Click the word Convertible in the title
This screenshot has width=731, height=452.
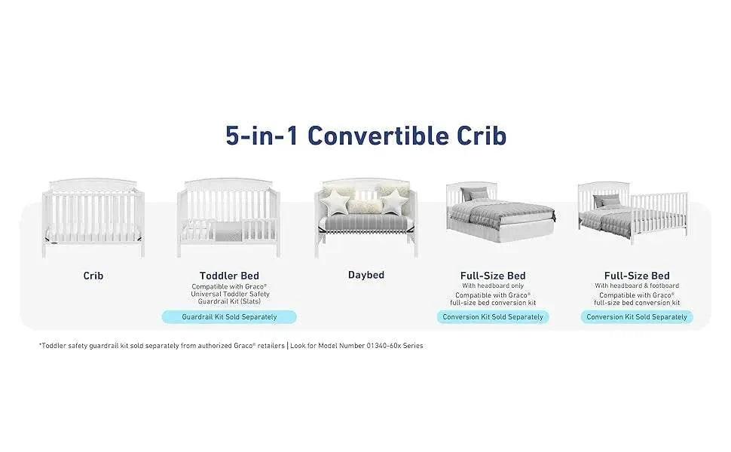(x=378, y=136)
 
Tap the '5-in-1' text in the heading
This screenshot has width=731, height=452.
(x=262, y=136)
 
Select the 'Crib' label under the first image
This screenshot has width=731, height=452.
(x=93, y=276)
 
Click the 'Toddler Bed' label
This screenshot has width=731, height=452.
(x=229, y=276)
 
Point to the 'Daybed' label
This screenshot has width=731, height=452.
(x=366, y=275)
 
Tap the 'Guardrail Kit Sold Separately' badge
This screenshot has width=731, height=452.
(x=229, y=317)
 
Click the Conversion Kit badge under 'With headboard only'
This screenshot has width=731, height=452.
(x=493, y=317)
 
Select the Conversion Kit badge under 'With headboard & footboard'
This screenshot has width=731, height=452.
(x=637, y=317)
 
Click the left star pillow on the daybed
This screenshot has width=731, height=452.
(x=335, y=201)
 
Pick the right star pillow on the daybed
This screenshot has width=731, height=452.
(x=394, y=201)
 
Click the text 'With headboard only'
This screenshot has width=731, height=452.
(x=493, y=286)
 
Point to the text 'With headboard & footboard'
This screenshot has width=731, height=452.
(x=637, y=286)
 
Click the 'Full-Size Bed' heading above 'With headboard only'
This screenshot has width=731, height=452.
(x=493, y=276)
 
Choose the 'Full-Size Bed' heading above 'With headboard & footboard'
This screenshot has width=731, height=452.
(x=637, y=276)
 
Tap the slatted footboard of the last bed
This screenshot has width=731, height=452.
(x=659, y=215)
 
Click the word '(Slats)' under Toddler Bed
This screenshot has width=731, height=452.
(x=250, y=301)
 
